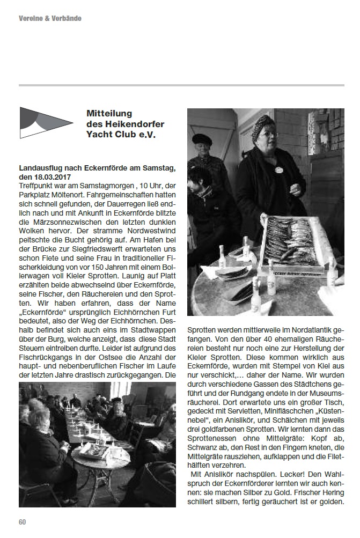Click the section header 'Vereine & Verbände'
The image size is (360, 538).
[50, 19]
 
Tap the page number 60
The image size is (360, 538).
[22, 522]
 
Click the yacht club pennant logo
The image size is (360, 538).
[46, 123]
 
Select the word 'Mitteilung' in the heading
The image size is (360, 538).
[109, 114]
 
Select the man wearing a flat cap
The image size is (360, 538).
[202, 156]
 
